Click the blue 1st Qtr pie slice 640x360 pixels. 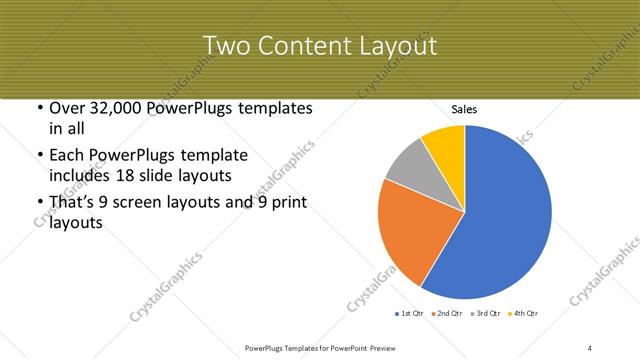500,215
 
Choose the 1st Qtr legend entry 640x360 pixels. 410,314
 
